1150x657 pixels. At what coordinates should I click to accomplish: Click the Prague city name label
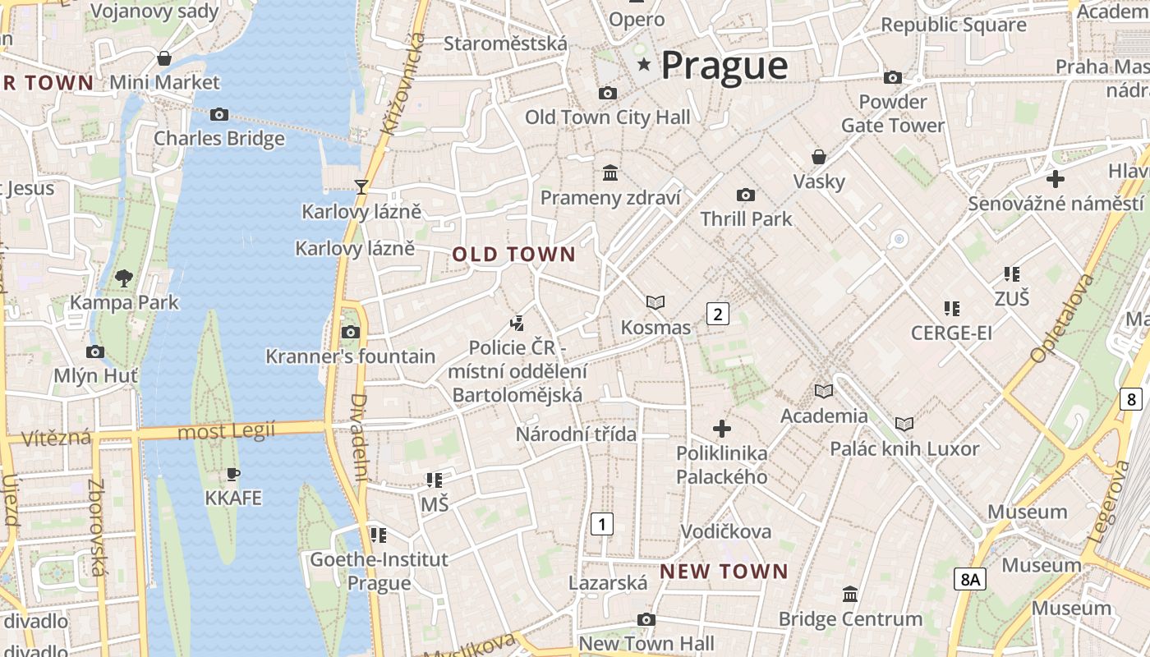[724, 65]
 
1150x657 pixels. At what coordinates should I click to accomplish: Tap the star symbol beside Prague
[644, 64]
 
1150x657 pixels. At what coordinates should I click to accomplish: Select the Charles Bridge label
[219, 138]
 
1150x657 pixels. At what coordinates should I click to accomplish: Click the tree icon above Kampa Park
[124, 278]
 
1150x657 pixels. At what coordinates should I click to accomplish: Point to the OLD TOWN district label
[514, 255]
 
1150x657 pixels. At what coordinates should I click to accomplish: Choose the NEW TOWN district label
[724, 571]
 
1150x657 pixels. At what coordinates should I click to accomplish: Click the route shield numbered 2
[717, 313]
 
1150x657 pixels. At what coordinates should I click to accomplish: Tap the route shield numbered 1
[602, 523]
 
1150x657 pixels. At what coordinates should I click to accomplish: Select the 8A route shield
[969, 579]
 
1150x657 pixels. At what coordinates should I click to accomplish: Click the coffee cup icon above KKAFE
[233, 474]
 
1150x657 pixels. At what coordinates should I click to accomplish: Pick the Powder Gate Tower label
[893, 113]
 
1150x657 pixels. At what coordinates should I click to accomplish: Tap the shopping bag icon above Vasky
[819, 157]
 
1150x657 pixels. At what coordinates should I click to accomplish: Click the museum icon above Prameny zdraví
[610, 173]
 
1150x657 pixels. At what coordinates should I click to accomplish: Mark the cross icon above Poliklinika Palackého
[721, 429]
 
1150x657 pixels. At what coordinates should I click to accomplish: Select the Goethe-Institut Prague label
[379, 571]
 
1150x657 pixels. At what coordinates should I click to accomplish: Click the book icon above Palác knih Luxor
[904, 424]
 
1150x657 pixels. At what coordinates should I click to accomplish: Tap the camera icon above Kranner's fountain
[351, 332]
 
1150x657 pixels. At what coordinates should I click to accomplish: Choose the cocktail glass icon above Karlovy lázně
[361, 186]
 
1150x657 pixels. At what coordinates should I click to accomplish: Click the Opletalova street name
[1062, 319]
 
